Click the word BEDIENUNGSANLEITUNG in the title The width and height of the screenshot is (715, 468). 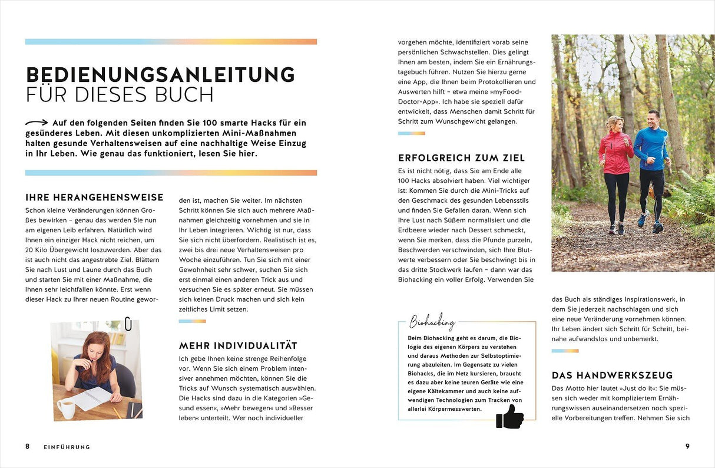pos(160,75)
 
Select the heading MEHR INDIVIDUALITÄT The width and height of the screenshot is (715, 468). pos(238,345)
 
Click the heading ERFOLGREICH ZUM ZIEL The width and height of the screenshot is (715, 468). pos(461,158)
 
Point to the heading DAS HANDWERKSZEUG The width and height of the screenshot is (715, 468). pos(612,375)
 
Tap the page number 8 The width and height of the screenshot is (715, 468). pos(27,446)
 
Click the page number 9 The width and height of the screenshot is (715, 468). pos(687,446)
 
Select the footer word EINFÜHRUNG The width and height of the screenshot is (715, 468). pos(67,447)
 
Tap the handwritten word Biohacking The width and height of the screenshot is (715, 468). pos(432,322)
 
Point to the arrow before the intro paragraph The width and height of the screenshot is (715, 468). pos(37,123)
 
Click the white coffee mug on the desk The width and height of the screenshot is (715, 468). pos(67,408)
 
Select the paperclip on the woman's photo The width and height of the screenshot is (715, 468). pos(128,324)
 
